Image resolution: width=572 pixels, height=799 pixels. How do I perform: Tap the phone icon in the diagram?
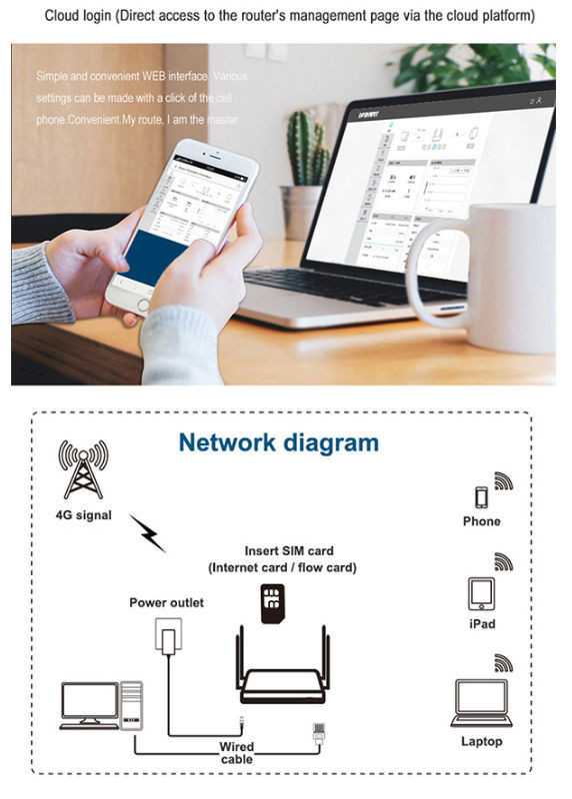click(x=480, y=496)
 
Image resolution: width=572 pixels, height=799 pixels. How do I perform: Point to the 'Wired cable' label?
click(x=237, y=752)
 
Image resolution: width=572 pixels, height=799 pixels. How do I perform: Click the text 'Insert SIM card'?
click(x=289, y=550)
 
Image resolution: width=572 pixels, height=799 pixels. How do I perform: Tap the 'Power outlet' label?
click(x=166, y=602)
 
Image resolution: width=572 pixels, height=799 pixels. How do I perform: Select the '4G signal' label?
click(x=84, y=515)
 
